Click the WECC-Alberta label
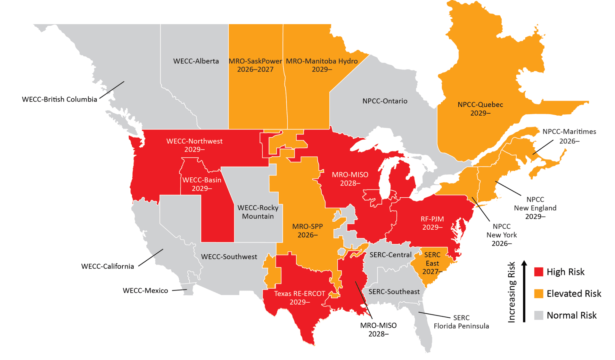coord(196,61)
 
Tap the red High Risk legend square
coord(539,272)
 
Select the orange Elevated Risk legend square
coord(539,294)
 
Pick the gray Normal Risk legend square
coord(539,315)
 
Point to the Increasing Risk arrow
coord(524,291)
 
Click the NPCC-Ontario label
coord(385,101)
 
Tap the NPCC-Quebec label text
coord(480,105)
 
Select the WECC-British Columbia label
coord(59,100)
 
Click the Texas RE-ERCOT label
coord(299,294)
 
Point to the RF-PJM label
coord(432,219)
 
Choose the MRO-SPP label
coord(307,226)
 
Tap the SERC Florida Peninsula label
coord(461,322)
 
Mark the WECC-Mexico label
coord(145,291)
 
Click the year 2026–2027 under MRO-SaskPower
coord(255,70)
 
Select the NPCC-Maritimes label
coord(569,132)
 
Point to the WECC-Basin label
coord(202,180)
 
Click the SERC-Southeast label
coord(394,292)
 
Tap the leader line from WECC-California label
coord(151,258)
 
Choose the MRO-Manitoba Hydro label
coord(322,61)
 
